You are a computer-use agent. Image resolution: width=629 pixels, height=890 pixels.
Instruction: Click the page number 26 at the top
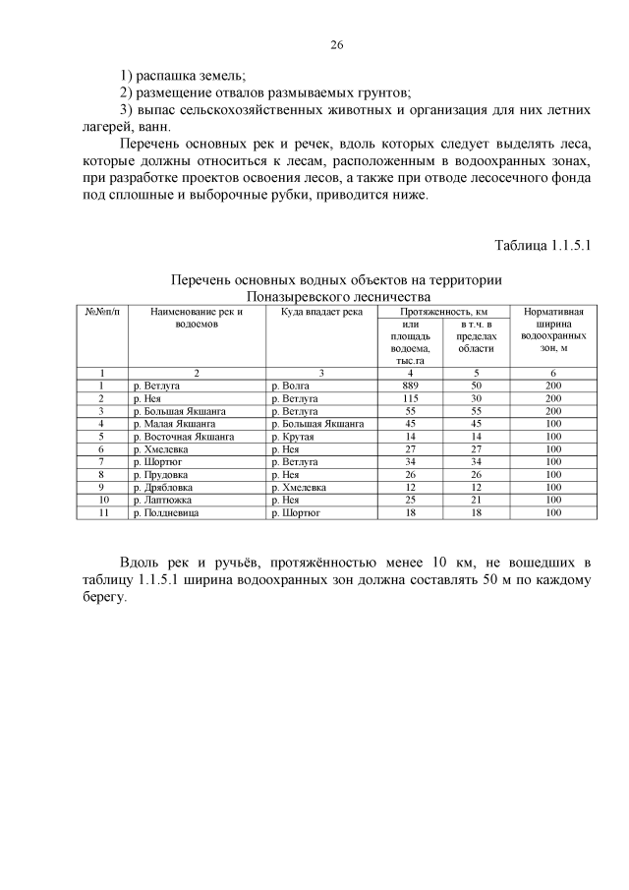336,45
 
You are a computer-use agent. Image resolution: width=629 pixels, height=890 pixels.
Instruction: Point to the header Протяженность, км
443,312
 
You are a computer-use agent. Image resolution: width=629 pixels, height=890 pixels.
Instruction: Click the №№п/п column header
101,312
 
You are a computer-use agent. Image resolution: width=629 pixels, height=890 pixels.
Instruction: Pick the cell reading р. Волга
290,386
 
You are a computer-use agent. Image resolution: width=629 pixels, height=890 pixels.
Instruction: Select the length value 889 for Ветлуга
411,386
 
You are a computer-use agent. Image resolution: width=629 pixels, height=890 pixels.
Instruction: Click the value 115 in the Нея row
411,398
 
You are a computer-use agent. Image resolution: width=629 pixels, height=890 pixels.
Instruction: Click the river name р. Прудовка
162,474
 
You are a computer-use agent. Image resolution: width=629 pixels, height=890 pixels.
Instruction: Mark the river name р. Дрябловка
163,487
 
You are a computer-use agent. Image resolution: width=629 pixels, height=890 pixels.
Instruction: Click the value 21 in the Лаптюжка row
476,500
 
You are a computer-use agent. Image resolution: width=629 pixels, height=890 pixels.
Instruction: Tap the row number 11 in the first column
101,512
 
